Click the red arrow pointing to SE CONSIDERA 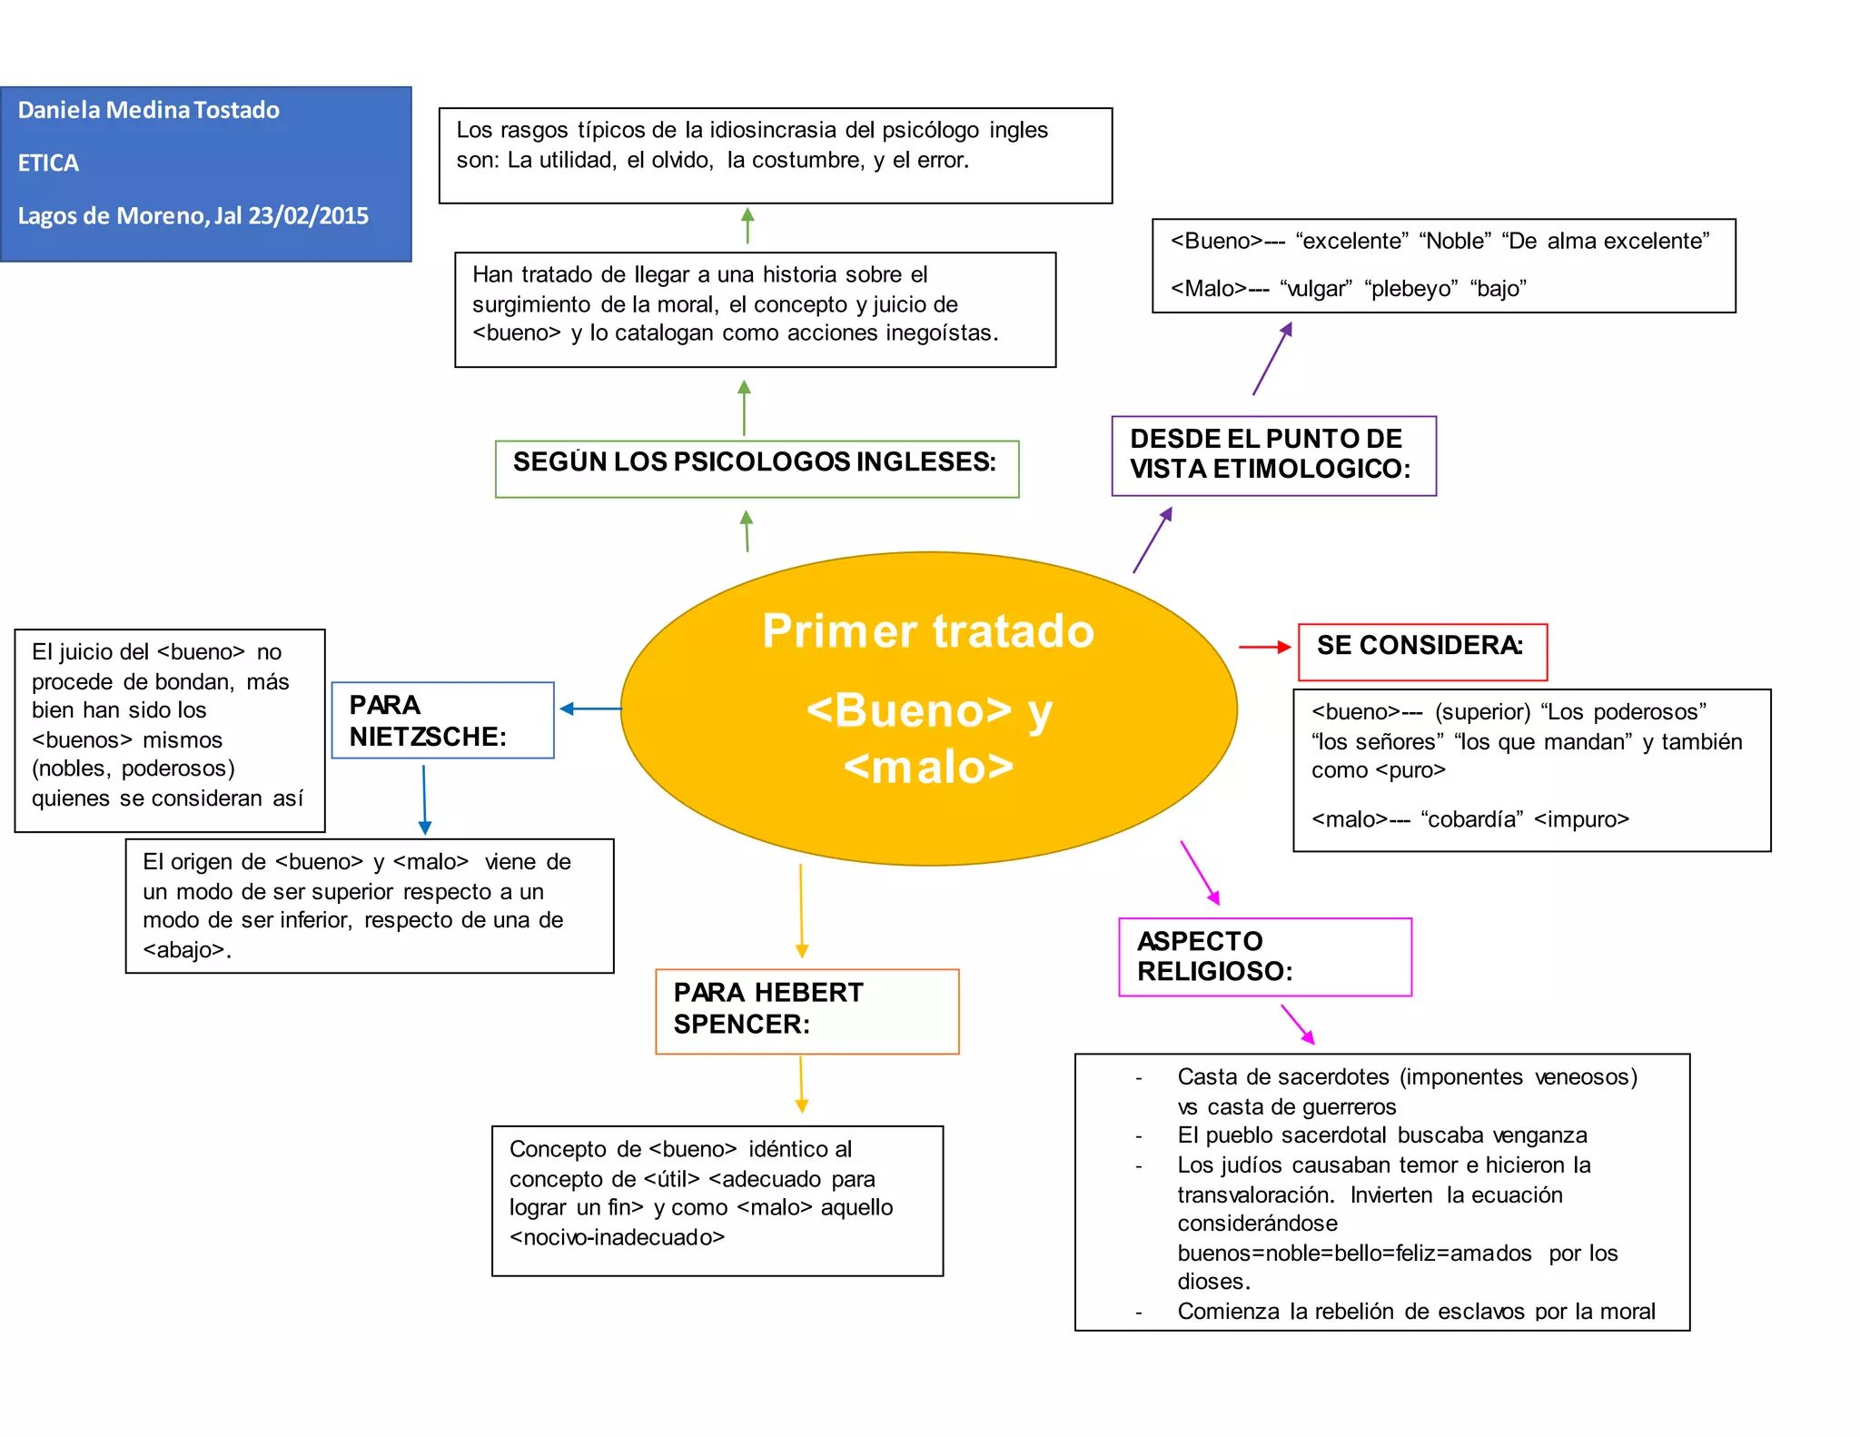pyautogui.click(x=1264, y=647)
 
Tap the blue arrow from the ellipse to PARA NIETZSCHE pyautogui.click(x=590, y=709)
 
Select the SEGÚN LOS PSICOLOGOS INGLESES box pyautogui.click(x=757, y=468)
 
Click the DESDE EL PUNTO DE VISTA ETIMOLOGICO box pyautogui.click(x=1273, y=455)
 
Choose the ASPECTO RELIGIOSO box pyautogui.click(x=1264, y=956)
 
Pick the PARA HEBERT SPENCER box pyautogui.click(x=806, y=1010)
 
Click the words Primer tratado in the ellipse pyautogui.click(x=928, y=631)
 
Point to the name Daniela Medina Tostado pyautogui.click(x=149, y=110)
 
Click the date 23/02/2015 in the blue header pyautogui.click(x=309, y=216)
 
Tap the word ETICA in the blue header pyautogui.click(x=49, y=164)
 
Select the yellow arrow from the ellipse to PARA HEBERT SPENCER pyautogui.click(x=801, y=910)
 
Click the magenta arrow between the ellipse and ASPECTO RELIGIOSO pyautogui.click(x=1200, y=873)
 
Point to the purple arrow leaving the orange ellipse pyautogui.click(x=1153, y=540)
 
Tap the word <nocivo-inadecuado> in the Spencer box pyautogui.click(x=618, y=1237)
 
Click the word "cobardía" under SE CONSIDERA pyautogui.click(x=1472, y=819)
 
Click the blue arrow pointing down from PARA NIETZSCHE pyautogui.click(x=424, y=799)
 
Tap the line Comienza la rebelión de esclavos pyautogui.click(x=1415, y=1312)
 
